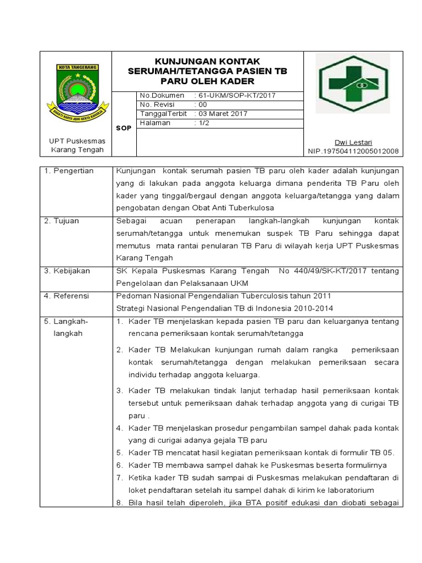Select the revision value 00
pyautogui.click(x=203, y=104)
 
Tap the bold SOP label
pyautogui.click(x=124, y=128)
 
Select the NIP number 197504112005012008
pyautogui.click(x=353, y=151)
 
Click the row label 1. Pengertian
pyautogui.click(x=69, y=171)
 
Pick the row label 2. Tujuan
pyautogui.click(x=62, y=220)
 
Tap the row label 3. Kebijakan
pyautogui.click(x=68, y=271)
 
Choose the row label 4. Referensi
pyautogui.click(x=67, y=295)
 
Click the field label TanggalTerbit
pyautogui.click(x=163, y=114)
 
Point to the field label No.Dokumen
pyautogui.click(x=162, y=95)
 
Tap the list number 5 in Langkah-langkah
pyautogui.click(x=119, y=452)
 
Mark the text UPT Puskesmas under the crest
pyautogui.click(x=77, y=141)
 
